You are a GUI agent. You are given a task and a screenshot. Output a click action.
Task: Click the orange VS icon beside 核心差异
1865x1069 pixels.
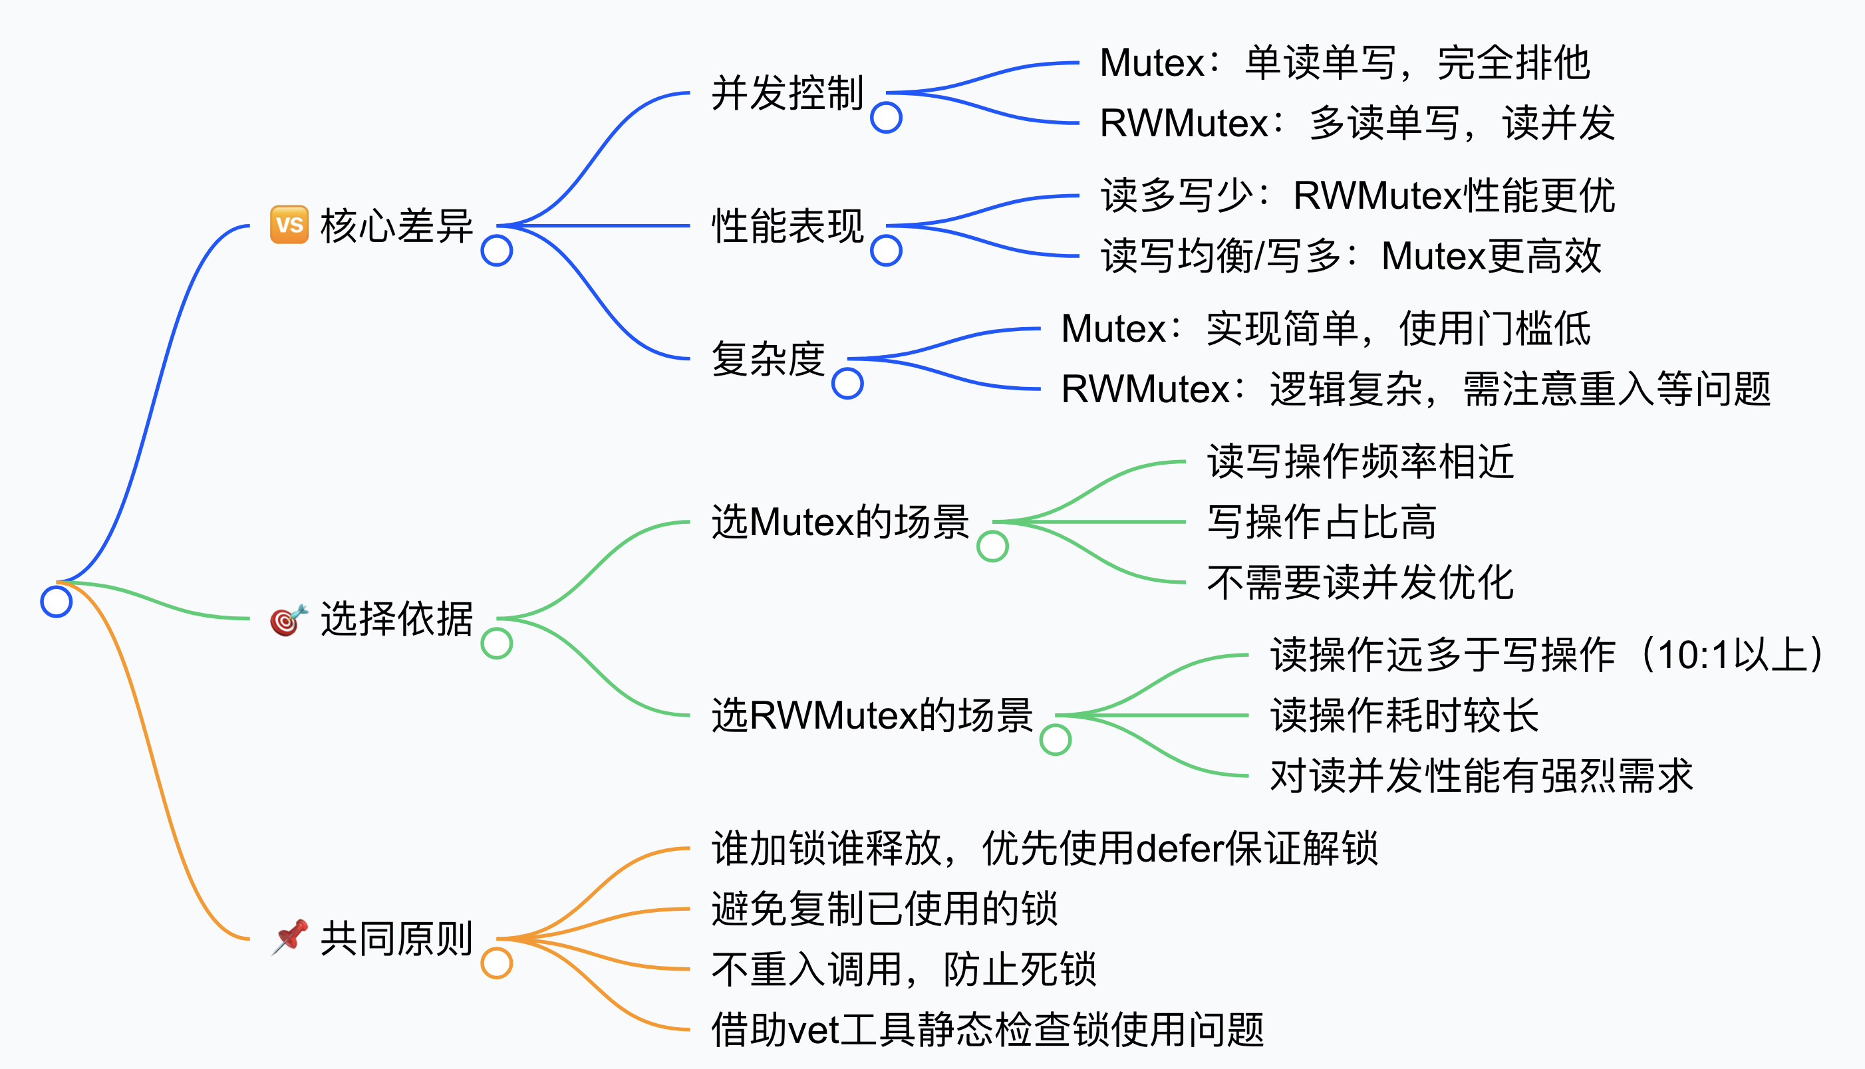coord(289,225)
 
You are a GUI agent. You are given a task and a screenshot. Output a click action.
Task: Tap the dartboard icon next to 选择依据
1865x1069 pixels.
coord(288,620)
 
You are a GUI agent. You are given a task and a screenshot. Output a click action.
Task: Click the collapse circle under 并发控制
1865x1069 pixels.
coord(886,118)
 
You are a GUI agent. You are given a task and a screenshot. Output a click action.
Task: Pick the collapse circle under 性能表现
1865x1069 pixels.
coord(886,251)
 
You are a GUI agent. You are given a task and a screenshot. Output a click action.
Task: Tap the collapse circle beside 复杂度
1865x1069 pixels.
coord(847,383)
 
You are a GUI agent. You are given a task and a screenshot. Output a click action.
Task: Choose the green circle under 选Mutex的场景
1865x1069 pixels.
coord(992,546)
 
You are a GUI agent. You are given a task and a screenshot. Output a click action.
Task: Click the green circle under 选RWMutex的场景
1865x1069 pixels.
coord(1056,739)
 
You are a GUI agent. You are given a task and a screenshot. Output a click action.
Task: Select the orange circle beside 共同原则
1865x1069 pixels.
coord(497,963)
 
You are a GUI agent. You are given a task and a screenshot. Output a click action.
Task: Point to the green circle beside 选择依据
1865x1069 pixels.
coord(497,643)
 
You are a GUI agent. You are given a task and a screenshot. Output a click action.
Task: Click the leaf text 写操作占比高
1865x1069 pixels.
coord(1322,522)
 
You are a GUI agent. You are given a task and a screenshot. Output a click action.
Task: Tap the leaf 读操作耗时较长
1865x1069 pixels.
coord(1403,715)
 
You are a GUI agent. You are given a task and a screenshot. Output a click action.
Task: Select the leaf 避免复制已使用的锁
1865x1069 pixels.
coord(885,909)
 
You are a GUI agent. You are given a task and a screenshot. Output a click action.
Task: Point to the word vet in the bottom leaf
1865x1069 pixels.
coord(813,1029)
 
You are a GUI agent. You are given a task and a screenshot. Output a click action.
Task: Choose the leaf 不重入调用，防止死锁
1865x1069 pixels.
coord(903,969)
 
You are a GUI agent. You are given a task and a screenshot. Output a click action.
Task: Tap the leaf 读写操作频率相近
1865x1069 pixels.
coord(1360,462)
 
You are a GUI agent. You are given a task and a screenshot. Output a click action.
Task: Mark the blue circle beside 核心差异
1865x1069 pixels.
coord(497,251)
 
